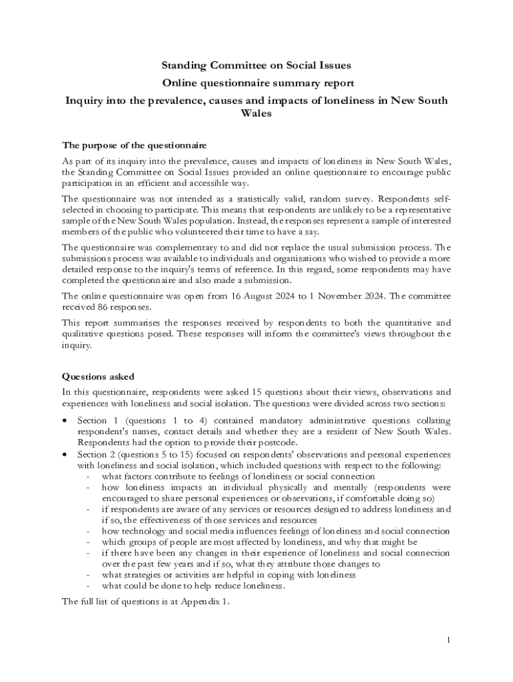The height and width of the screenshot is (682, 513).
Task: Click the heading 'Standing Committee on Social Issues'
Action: (256, 65)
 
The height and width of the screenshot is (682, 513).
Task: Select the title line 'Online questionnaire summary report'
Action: (256, 83)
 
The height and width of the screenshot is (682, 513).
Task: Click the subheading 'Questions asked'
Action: (98, 376)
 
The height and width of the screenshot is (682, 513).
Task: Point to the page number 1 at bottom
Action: (449, 640)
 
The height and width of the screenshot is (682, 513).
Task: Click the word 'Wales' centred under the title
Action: (256, 113)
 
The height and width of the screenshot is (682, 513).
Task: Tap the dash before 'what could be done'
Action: (88, 586)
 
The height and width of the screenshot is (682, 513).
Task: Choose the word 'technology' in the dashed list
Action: (144, 531)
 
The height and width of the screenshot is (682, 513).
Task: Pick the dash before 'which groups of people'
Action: (88, 542)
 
